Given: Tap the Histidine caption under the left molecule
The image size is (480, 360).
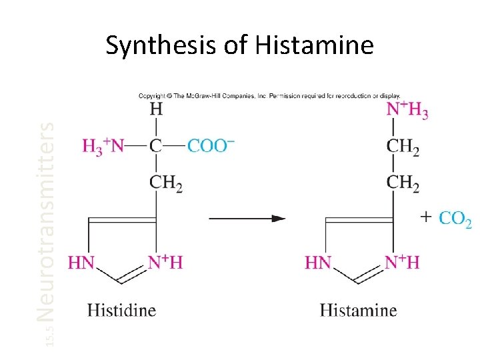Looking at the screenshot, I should click(x=121, y=310).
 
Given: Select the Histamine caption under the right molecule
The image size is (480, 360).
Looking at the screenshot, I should click(x=358, y=310).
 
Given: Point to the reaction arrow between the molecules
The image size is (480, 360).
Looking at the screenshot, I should click(x=247, y=218).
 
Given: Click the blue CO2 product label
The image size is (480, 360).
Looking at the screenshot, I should click(x=456, y=219).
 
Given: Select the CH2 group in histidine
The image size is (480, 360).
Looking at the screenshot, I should click(x=165, y=182).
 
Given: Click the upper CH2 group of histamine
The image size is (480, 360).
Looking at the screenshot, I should click(x=403, y=147).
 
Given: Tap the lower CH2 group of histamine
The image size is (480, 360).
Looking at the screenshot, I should click(x=403, y=183).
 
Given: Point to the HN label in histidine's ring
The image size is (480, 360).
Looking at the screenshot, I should click(x=81, y=262).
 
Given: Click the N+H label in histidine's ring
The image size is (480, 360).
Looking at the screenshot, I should click(x=165, y=262).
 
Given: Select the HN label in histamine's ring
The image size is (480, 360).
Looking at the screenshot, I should click(x=318, y=262).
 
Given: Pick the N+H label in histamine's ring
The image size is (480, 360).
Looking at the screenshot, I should click(x=402, y=262).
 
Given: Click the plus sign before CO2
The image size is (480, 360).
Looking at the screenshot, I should click(x=427, y=216).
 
